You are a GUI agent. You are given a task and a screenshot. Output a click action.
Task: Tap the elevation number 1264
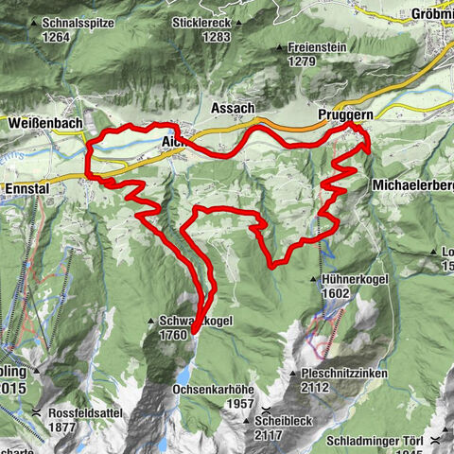point(56,37)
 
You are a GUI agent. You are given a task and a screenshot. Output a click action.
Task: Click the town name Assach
point(234,107)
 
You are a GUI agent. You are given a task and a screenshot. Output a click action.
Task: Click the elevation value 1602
point(337,293)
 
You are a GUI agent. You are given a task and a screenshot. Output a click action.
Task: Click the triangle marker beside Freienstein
point(278,47)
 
